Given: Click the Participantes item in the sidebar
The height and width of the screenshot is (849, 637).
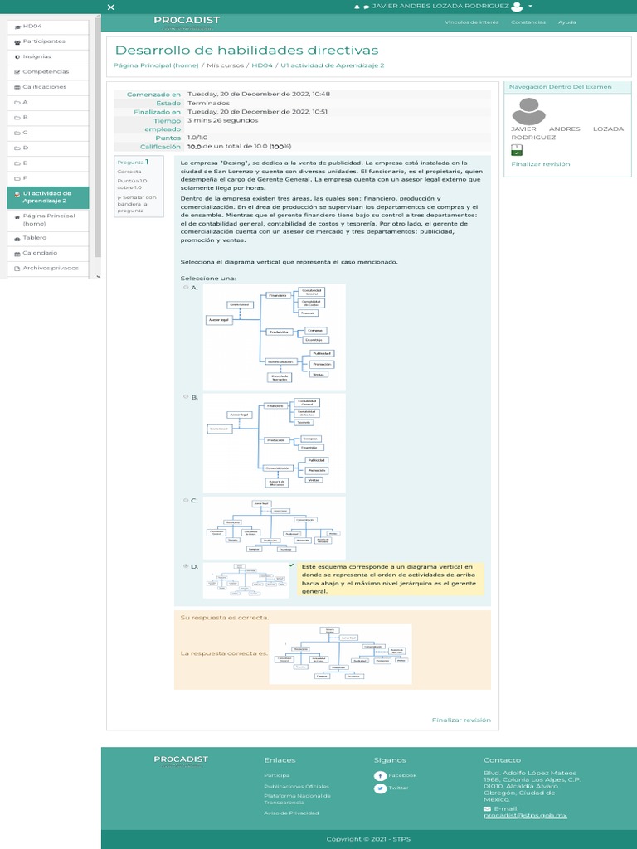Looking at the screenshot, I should pos(44,41).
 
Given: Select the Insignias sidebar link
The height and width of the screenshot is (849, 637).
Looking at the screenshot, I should pos(36,56).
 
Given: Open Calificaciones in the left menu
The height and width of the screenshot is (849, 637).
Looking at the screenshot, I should pos(44,86).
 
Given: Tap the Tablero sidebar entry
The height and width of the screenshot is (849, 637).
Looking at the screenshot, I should pos(34,237).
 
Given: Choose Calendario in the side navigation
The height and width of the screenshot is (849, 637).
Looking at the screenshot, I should pos(40,252).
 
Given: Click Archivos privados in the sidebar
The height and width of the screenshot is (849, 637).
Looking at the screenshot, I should pos(50,268).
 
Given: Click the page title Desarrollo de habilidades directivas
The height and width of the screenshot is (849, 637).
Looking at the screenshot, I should pos(246,51).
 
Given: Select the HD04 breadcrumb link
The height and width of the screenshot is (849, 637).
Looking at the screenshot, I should pos(261,65).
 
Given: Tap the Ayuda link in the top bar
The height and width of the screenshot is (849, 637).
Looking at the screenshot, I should pos(567,22).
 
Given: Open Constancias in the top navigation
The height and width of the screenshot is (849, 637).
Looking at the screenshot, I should pos(528,22).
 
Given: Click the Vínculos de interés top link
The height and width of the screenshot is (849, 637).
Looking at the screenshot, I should pos(472,22).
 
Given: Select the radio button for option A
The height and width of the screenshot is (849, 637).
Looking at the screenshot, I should pos(186,287).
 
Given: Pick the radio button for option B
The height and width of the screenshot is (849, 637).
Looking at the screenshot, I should pos(186,397).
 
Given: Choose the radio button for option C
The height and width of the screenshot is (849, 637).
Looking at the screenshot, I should pos(186,500).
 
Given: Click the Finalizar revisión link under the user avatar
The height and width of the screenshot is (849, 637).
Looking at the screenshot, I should pos(540,164).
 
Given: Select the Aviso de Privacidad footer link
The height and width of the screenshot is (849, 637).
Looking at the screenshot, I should pos(291,813).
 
